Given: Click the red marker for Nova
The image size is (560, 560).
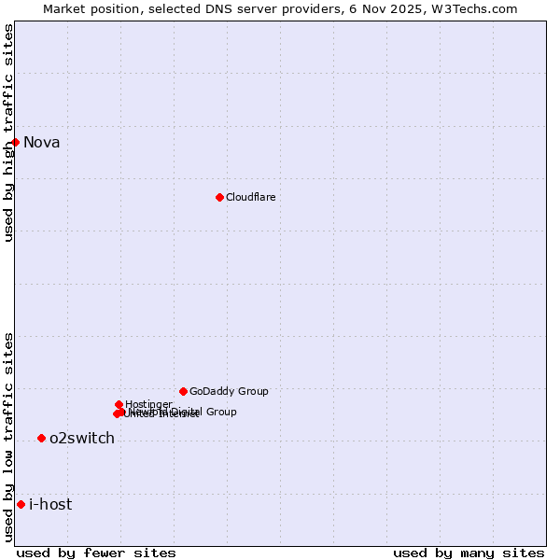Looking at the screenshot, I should pos(16,142).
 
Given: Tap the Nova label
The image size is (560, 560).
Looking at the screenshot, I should pos(42,143).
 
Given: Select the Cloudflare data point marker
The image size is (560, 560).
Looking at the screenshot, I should pos(219,197).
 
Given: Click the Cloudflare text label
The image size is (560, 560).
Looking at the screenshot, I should pos(250,198).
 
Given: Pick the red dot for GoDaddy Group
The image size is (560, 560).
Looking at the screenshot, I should pos(183,391).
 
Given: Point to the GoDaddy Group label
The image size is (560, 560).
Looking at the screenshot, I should pos(229,392).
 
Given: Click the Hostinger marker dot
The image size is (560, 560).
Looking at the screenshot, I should pos(119,404).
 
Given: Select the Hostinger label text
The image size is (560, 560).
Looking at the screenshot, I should pos(148,404).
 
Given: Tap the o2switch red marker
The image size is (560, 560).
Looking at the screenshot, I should pos(41,438).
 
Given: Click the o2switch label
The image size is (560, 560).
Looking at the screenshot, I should pos(82,439).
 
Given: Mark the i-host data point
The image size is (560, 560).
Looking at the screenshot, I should pos(21,504).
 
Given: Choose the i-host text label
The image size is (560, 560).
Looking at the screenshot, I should pos(50,505).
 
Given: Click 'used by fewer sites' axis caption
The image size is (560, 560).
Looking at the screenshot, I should pos(96,553).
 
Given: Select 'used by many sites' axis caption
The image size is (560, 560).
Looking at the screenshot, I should pos(469,553).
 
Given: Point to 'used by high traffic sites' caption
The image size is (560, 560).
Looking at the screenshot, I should pos(9,133).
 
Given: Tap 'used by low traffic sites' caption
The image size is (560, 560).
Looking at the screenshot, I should pos(9,436).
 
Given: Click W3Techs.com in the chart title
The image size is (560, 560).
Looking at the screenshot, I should pos(478,8).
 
